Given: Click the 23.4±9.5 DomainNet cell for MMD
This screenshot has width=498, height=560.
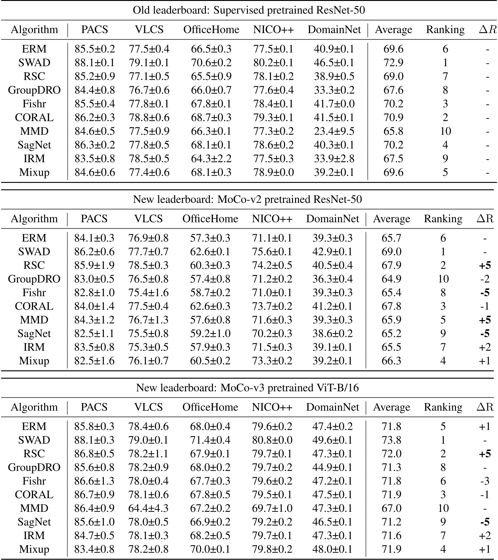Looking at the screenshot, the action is coord(334,131).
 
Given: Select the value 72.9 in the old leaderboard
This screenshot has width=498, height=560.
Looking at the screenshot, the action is coord(393,63).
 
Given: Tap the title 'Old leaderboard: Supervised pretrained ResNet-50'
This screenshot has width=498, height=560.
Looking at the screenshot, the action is coord(249,10).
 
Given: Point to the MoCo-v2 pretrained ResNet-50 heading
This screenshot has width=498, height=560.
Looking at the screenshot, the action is coord(248,199).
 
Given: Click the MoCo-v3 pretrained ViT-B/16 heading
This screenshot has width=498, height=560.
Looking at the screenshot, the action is coord(248,388).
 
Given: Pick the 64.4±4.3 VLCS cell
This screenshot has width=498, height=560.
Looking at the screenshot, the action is coord(148,508).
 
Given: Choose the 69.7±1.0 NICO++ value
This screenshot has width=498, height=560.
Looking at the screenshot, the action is coord(272,508).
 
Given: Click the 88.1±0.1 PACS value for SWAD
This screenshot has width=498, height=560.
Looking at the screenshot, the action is coord(95,63).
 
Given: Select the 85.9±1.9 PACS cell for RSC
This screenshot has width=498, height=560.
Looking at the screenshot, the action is coord(94,265).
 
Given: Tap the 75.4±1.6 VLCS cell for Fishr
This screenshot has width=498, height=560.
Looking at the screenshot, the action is coord(148,293).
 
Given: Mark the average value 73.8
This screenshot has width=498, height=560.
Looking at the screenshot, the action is coord(392,440).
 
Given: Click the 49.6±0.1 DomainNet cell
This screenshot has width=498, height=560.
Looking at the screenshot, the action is coord(332,440).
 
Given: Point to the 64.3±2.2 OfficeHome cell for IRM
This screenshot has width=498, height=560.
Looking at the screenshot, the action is coord(211,159).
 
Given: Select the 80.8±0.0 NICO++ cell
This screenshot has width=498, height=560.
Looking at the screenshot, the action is coord(272,440).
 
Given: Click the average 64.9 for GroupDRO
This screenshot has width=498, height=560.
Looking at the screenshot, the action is coord(392,279).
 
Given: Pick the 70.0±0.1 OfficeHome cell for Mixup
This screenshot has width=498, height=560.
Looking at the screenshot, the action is coord(210,549).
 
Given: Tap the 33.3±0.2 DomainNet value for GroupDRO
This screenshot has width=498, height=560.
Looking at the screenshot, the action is coord(334,90).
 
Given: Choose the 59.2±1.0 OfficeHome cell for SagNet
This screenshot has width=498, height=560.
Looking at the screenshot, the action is coord(210,334).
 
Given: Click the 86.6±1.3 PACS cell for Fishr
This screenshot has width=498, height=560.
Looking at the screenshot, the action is coord(94,481).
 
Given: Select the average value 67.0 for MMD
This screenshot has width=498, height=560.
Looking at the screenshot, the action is coord(392,508).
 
